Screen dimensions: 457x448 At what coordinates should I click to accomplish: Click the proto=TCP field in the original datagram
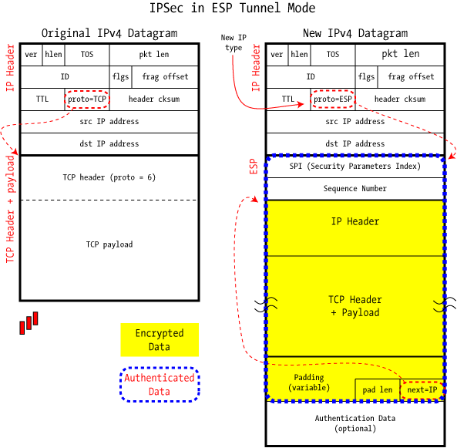tap(87, 99)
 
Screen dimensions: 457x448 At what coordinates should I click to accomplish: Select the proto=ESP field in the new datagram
tap(333, 99)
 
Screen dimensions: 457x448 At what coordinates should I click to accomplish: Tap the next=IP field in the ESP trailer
tap(422, 390)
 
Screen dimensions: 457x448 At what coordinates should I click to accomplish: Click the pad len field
tap(378, 390)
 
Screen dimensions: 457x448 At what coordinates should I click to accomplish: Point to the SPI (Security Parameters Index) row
tap(355, 167)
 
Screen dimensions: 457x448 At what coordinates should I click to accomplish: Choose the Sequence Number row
tap(355, 189)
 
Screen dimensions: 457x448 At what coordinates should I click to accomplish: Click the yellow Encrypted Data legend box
tap(160, 340)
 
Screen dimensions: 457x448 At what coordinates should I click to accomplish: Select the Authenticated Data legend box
tap(160, 385)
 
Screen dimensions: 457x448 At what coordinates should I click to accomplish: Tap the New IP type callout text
tap(234, 42)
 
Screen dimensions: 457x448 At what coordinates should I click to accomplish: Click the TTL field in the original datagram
tap(42, 99)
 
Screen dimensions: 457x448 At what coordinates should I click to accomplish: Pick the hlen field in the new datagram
tap(299, 55)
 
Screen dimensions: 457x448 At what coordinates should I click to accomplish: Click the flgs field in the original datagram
tap(121, 76)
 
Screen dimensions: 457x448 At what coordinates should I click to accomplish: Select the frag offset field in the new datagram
tap(411, 76)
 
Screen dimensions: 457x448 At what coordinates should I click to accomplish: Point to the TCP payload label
tap(109, 244)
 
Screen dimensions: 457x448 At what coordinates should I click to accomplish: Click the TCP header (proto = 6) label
tap(109, 177)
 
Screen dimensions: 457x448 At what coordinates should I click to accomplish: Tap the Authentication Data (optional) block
tap(355, 423)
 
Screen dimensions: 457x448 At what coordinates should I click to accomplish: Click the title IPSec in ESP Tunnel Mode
tap(232, 8)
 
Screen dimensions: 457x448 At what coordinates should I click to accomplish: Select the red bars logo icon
tap(29, 323)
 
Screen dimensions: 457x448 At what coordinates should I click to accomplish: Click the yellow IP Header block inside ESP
tap(355, 228)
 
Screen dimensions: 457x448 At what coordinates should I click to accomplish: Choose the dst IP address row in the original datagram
tap(109, 143)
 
